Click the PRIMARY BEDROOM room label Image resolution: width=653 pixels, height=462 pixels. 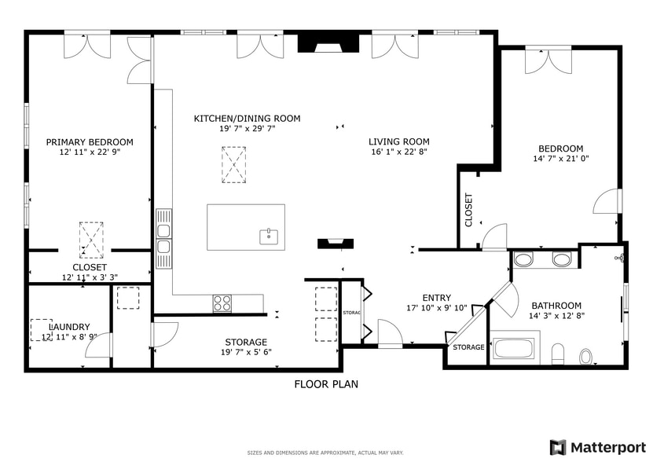(x=89, y=142)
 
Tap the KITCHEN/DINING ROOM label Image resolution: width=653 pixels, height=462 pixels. (x=247, y=119)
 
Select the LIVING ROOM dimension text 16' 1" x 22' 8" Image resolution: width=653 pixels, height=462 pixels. (x=399, y=152)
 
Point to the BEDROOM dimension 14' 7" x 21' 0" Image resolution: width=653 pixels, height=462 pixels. (x=560, y=159)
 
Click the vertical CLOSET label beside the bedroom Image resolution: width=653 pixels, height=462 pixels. (x=469, y=211)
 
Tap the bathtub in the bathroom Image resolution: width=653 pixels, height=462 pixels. (x=515, y=348)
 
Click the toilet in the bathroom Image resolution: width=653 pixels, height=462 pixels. (x=585, y=357)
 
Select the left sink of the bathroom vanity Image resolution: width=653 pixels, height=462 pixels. (x=523, y=260)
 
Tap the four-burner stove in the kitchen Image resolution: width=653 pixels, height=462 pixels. (x=222, y=302)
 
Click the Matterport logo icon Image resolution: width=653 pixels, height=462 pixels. (x=557, y=447)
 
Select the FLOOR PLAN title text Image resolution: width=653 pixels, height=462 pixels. (x=326, y=384)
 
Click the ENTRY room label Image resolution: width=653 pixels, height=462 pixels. (x=436, y=298)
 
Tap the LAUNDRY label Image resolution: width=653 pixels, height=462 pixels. (x=69, y=327)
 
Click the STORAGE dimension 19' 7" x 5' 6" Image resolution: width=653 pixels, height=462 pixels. (x=246, y=353)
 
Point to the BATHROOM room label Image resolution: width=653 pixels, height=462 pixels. (x=556, y=306)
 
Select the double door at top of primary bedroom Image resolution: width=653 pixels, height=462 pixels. (x=87, y=45)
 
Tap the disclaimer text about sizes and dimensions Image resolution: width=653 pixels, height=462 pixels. (x=326, y=453)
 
